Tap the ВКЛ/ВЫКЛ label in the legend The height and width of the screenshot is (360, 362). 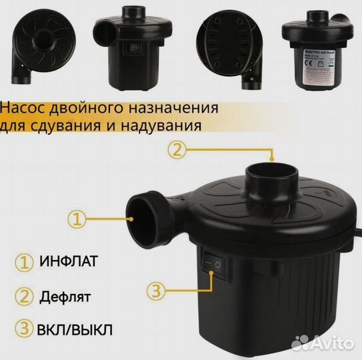point(75,329)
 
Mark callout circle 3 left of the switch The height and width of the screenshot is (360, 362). point(154,290)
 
